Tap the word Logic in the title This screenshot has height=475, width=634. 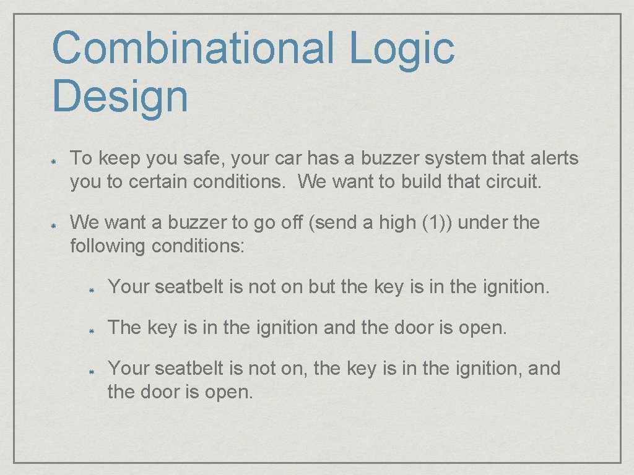[x=402, y=49]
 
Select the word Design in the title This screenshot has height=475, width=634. [x=120, y=96]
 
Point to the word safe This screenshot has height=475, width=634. [x=204, y=158]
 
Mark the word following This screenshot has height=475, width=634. [x=108, y=246]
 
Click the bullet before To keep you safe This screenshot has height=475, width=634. [x=54, y=160]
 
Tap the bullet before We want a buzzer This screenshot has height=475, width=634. [x=54, y=224]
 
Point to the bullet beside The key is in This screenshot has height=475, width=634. [x=90, y=330]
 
